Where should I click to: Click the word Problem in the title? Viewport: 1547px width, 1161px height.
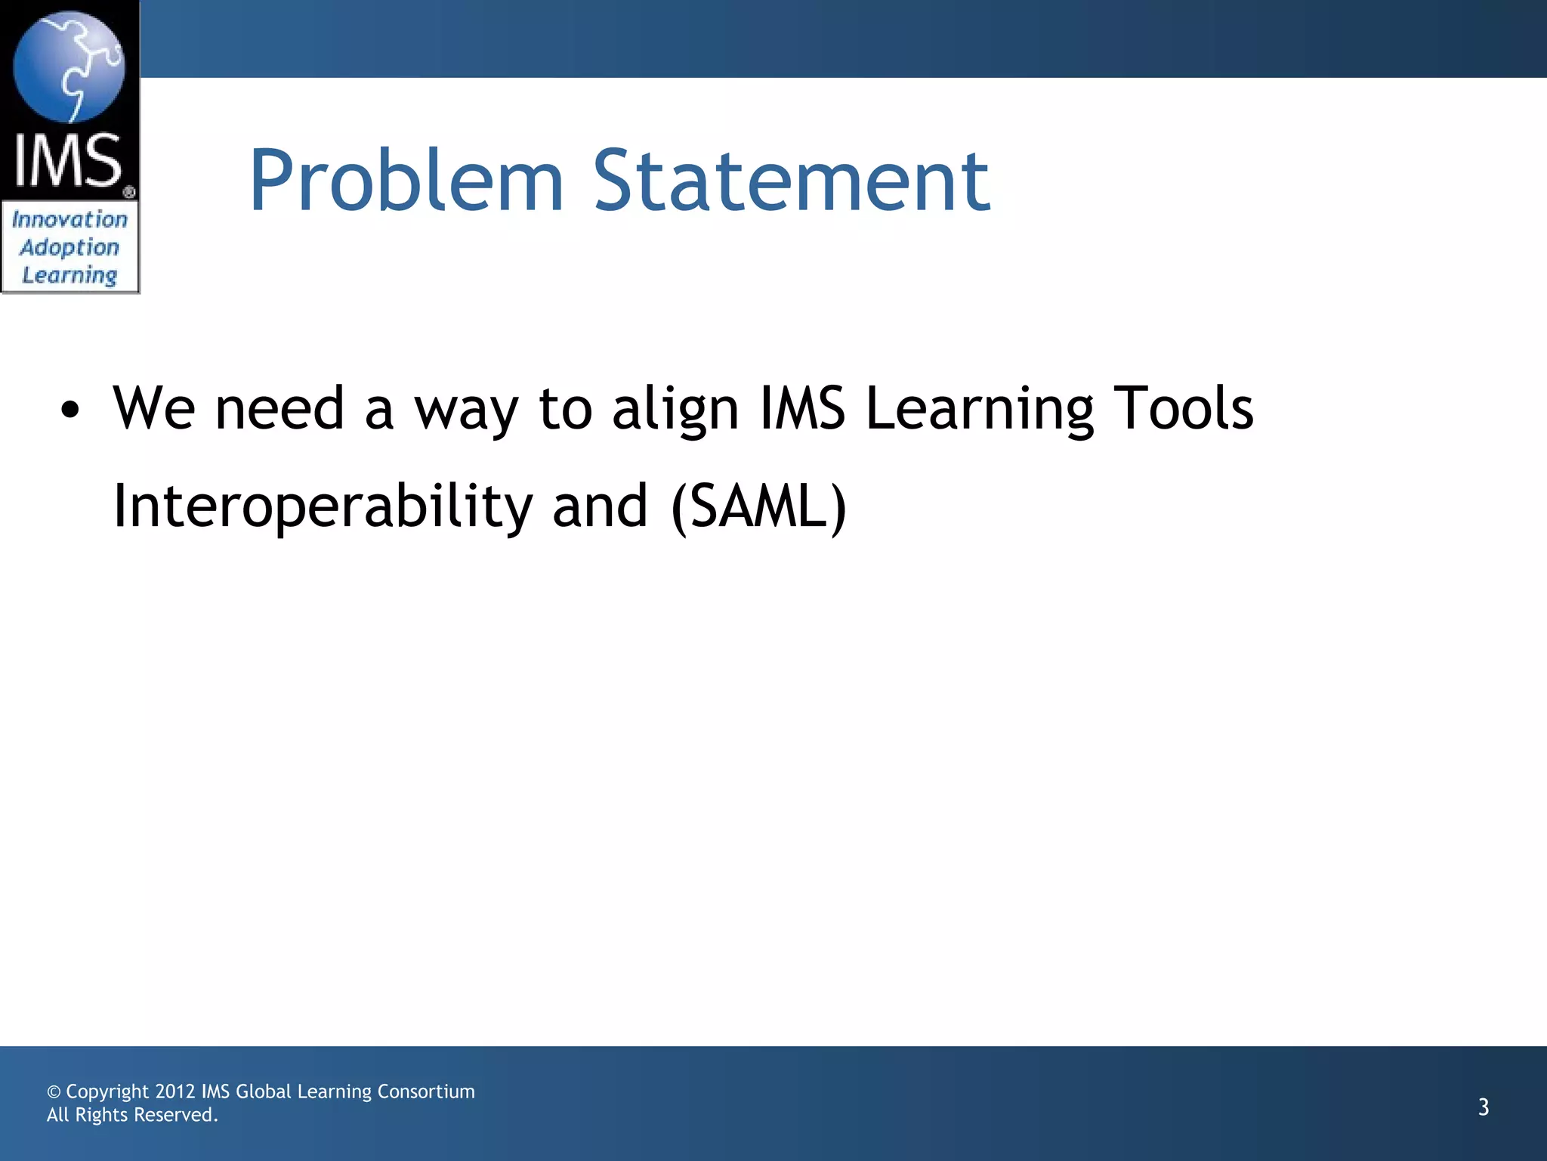pyautogui.click(x=406, y=181)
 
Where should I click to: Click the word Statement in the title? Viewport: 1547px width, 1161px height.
pyautogui.click(x=791, y=181)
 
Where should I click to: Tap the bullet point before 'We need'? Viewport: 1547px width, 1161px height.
pyautogui.click(x=70, y=410)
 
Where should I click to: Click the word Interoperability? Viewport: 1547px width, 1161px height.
pyautogui.click(x=323, y=506)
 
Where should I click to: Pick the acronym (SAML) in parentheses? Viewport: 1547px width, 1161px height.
pyautogui.click(x=758, y=506)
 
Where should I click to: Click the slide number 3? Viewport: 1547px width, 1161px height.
pyautogui.click(x=1483, y=1107)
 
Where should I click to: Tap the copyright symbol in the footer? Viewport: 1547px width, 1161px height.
pyautogui.click(x=54, y=1092)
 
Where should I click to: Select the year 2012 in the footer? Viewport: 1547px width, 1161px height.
pyautogui.click(x=175, y=1091)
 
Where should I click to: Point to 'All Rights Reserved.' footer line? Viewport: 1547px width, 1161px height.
pyautogui.click(x=132, y=1115)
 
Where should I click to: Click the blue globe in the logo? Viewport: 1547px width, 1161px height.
pyautogui.click(x=69, y=67)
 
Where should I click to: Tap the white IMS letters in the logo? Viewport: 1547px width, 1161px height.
pyautogui.click(x=69, y=160)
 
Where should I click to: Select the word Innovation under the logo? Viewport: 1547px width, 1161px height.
pyautogui.click(x=69, y=219)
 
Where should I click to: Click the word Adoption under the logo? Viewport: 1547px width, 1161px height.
pyautogui.click(x=69, y=247)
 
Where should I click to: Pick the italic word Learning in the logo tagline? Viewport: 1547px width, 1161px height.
pyautogui.click(x=69, y=275)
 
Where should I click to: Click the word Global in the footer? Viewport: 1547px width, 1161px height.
pyautogui.click(x=264, y=1091)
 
